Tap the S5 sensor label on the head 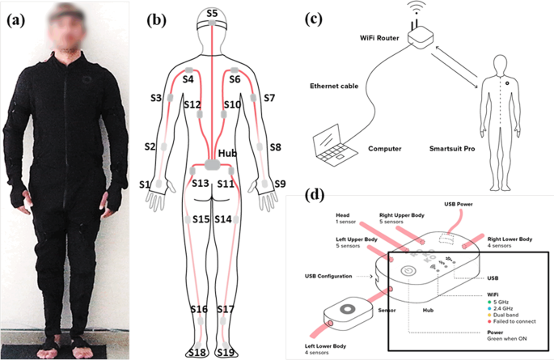[x=212, y=13]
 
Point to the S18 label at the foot [x=197, y=352]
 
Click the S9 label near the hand [x=279, y=184]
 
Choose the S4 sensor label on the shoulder [x=188, y=79]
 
